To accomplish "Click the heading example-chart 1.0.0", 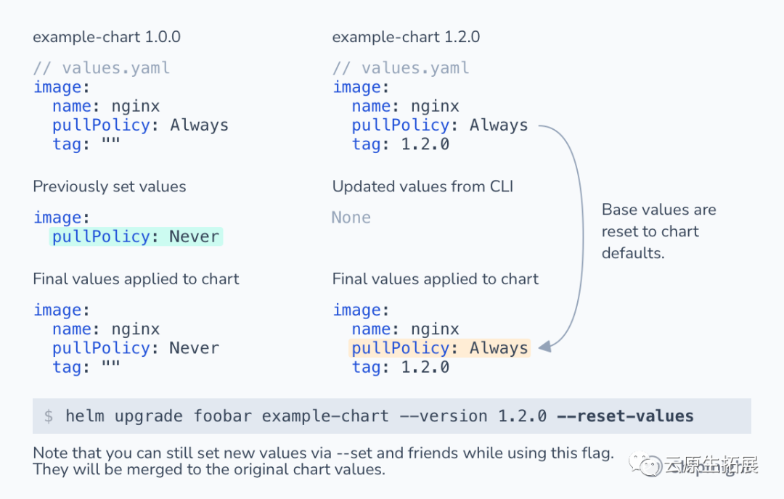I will click(107, 37).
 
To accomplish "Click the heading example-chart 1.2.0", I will click(406, 37).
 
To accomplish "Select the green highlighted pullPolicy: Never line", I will click(136, 237).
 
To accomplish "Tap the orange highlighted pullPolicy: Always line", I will click(439, 348).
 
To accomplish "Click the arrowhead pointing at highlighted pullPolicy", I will click(545, 347).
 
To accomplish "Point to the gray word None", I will click(351, 218).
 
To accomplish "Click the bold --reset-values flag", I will click(625, 416).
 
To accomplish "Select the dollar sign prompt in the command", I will click(49, 417).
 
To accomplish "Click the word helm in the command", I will click(84, 416).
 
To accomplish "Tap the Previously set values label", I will click(110, 186).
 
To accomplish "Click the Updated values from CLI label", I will click(422, 186).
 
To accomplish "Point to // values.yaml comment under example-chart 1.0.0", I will click(102, 68).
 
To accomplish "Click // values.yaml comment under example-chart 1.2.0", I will click(401, 68).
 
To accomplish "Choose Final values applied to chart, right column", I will click(436, 279).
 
